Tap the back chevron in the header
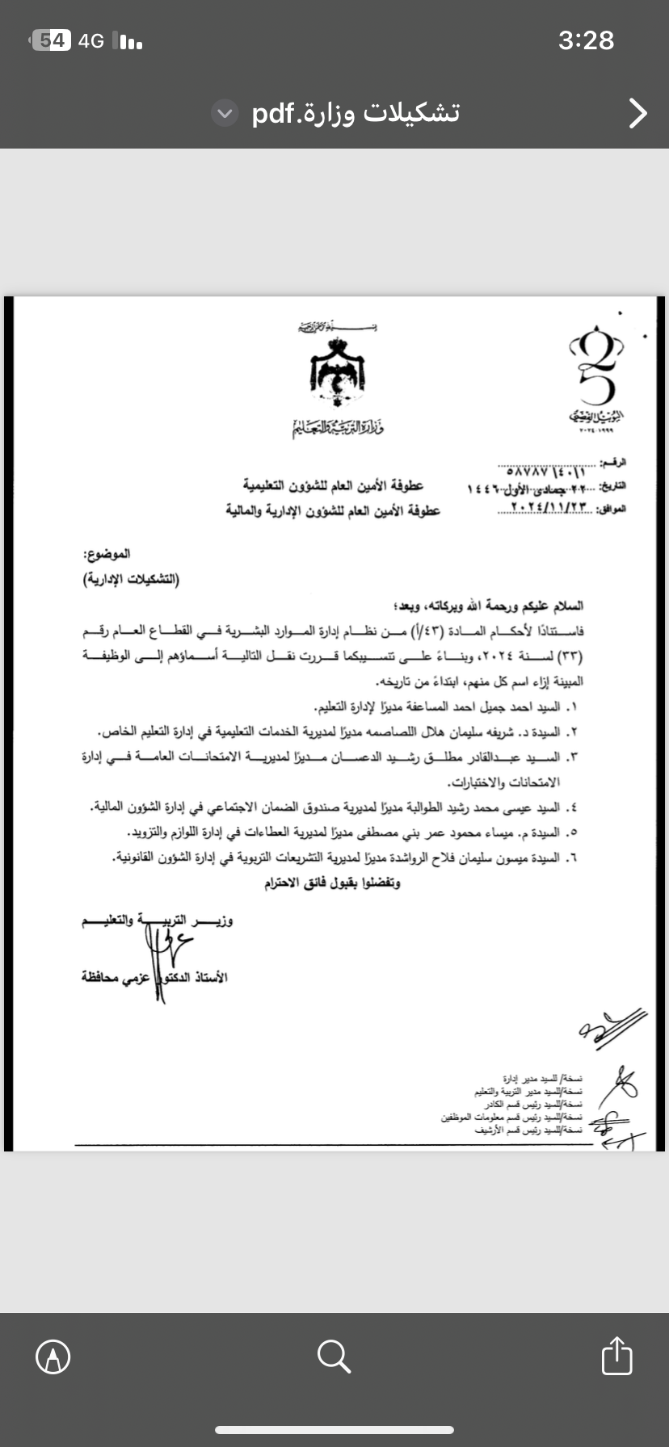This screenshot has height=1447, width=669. click(637, 113)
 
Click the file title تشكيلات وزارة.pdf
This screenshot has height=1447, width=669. click(356, 113)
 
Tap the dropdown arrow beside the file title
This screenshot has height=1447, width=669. click(225, 114)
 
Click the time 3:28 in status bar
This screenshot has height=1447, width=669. click(586, 40)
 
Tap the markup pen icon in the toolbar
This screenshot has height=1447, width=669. click(53, 1357)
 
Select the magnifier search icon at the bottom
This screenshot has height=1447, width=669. click(334, 1357)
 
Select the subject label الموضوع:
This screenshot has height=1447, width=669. click(107, 555)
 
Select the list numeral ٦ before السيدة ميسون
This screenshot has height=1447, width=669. click(573, 858)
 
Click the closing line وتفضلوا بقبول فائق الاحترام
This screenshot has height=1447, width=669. click(332, 883)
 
